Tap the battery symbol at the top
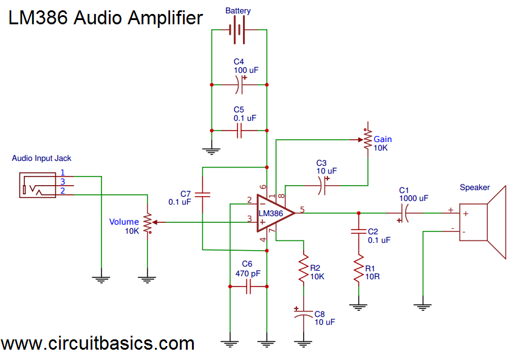coord(239,29)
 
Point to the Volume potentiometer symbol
coord(147,222)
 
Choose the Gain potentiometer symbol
coord(367,139)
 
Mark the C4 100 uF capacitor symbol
coord(239,85)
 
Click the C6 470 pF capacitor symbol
coord(248,288)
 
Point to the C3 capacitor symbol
coord(322,185)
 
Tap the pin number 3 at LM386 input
coord(249,219)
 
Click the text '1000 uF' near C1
coord(414,197)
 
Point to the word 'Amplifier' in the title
coord(165,18)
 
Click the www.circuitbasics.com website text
coord(98,344)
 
